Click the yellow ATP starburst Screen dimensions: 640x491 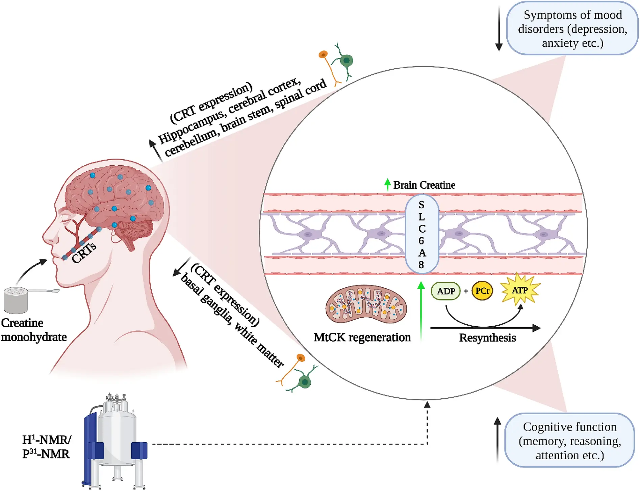coord(520,290)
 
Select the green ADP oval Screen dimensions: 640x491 coord(446,291)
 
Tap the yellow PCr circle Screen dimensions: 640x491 coord(482,291)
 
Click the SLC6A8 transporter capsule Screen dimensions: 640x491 coord(422,234)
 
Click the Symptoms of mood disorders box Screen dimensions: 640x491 coord(572,28)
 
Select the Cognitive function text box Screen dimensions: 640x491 coord(570,440)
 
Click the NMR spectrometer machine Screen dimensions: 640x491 coord(115,441)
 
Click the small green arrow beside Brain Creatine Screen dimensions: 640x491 coord(387,184)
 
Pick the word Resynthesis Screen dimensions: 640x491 coord(487,337)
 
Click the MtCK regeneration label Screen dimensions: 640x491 coord(362,337)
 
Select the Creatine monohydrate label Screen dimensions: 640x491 coord(34,330)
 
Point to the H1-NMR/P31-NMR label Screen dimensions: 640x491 coord(47,447)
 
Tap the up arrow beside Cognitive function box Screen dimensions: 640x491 coord(497,440)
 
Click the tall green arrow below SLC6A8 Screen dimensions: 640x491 coord(421,311)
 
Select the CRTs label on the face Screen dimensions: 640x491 coord(84,253)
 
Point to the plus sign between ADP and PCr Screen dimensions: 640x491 coord(466,291)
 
